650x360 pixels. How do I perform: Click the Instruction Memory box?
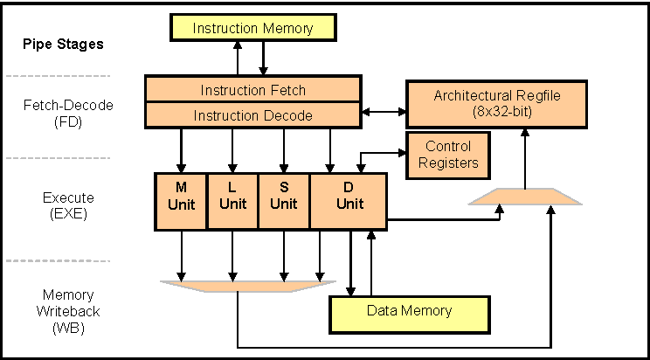tap(252, 28)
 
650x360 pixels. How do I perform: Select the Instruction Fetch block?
tap(252, 89)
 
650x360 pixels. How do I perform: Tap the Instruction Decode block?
tap(252, 114)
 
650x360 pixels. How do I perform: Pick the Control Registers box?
tap(447, 155)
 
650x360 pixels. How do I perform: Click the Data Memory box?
tap(409, 310)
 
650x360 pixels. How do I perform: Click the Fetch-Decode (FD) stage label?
tap(59, 113)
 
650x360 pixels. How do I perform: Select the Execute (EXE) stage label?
tap(59, 204)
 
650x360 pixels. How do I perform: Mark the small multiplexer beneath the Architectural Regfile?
tap(524, 198)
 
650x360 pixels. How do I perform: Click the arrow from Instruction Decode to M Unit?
tap(181, 149)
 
